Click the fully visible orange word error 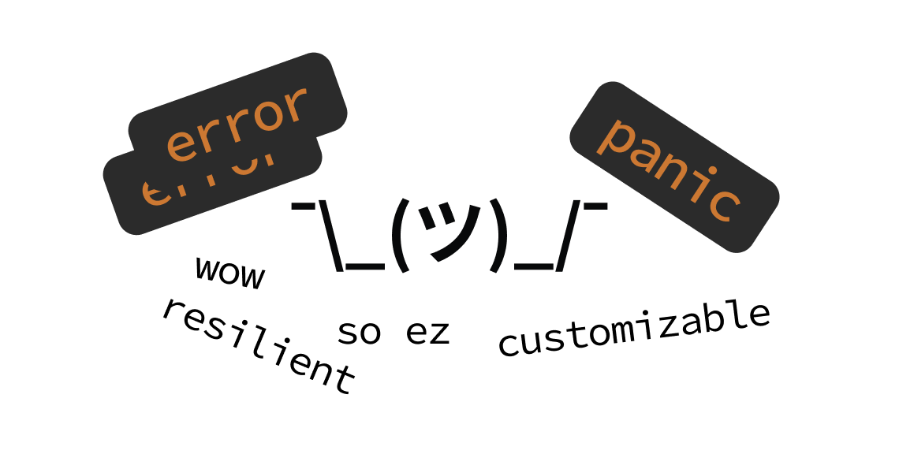(237, 122)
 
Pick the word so (359, 333)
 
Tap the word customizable (634, 329)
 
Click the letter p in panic (614, 136)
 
